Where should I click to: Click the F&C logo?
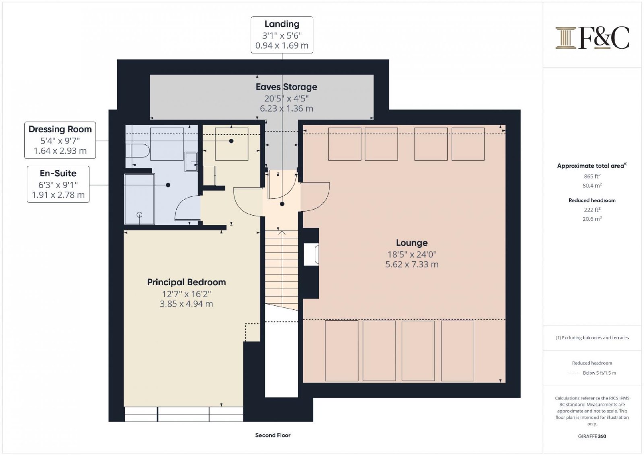click(592, 38)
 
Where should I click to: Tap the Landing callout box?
click(282, 35)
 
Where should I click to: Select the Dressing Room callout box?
click(60, 140)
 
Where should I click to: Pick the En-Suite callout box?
click(58, 184)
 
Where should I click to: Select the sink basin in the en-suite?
click(191, 162)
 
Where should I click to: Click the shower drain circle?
click(139, 214)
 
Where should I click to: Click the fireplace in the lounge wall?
click(312, 254)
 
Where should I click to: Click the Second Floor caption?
click(273, 435)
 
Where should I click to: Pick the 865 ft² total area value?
click(592, 176)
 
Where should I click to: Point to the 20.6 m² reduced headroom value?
click(592, 219)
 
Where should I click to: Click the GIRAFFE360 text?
click(592, 436)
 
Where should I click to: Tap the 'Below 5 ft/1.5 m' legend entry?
click(599, 373)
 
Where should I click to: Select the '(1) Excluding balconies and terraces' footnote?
click(592, 338)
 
